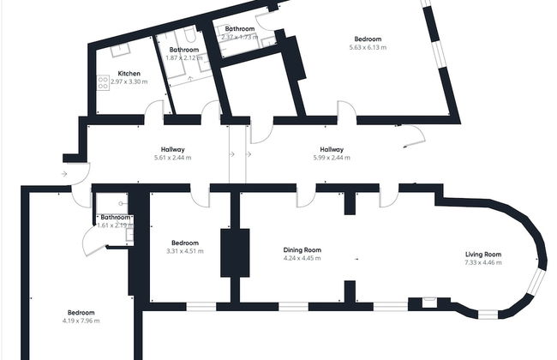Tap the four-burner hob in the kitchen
103,83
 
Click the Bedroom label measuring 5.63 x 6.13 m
368,39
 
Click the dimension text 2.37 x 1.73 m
240,37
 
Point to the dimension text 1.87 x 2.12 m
184,58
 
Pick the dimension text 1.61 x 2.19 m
110,225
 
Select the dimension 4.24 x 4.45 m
302,258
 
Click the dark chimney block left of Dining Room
235,253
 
